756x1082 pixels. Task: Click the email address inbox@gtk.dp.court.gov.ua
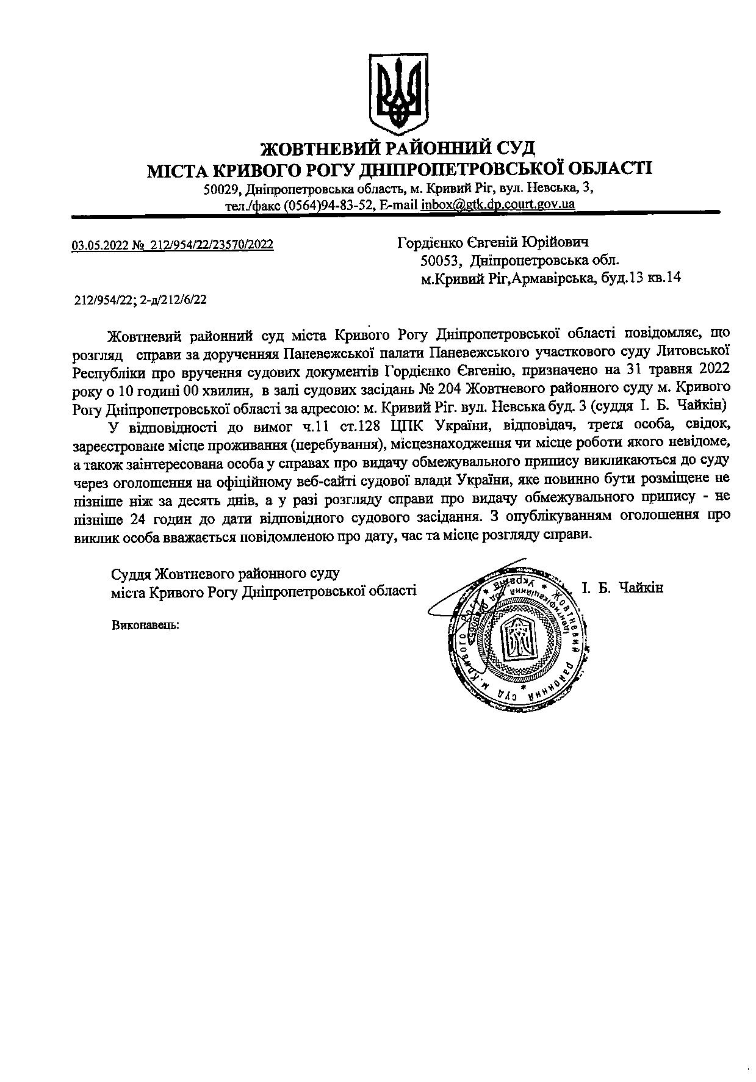coord(498,204)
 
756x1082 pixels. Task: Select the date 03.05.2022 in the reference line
coord(99,245)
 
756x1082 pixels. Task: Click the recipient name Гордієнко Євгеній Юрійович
coord(493,243)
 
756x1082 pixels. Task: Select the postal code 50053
coord(440,261)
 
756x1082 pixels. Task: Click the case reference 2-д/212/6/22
coord(174,299)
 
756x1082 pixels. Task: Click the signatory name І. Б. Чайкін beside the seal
coord(622,588)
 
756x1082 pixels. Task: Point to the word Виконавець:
coord(145,625)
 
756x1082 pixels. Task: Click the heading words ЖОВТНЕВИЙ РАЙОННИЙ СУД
coord(398,148)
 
